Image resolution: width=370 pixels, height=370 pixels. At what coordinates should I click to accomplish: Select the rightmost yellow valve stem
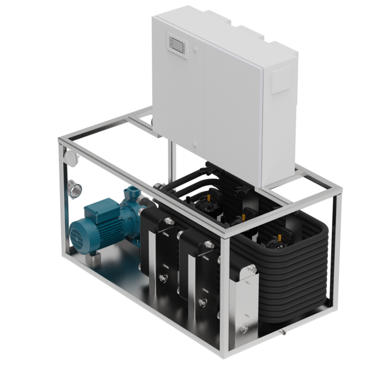click(x=282, y=236)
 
